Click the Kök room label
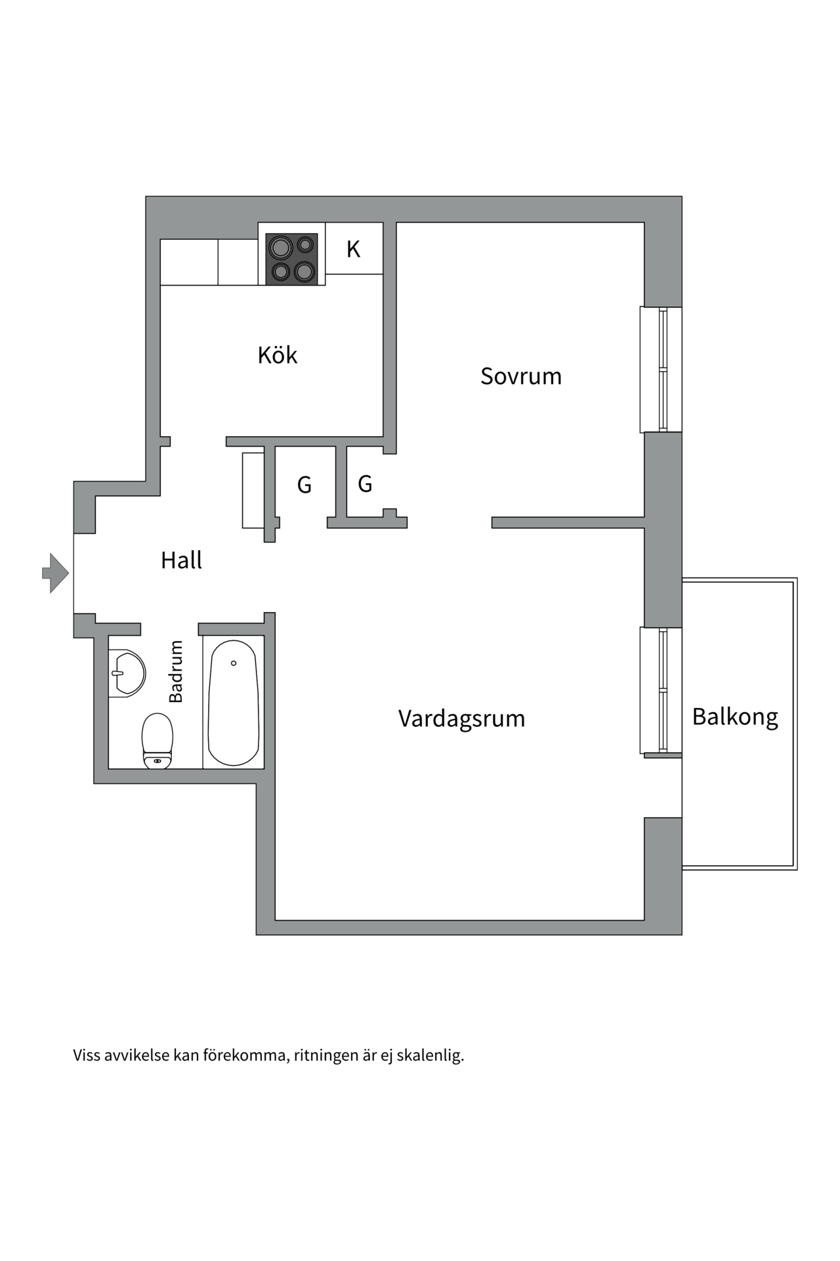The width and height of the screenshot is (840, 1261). click(277, 355)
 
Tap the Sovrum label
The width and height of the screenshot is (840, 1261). click(521, 376)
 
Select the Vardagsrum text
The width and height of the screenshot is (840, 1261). click(461, 719)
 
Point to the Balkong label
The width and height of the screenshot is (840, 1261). click(735, 717)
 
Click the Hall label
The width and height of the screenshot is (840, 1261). click(181, 560)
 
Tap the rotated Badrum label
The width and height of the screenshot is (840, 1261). click(176, 671)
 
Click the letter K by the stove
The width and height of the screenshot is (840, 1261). click(353, 249)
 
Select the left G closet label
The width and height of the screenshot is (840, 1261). click(304, 485)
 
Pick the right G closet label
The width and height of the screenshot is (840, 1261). click(365, 484)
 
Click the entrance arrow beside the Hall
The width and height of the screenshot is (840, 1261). click(56, 573)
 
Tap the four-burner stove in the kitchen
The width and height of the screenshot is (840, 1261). click(291, 259)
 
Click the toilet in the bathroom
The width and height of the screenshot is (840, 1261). click(157, 740)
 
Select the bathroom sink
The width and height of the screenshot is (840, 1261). click(127, 673)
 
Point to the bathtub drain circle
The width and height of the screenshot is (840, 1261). click(234, 663)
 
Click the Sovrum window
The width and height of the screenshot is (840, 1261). click(661, 370)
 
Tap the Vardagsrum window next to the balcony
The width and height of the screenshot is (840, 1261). click(661, 690)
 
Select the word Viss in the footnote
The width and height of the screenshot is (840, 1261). click(87, 1055)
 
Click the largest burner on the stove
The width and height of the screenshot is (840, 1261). click(280, 248)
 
